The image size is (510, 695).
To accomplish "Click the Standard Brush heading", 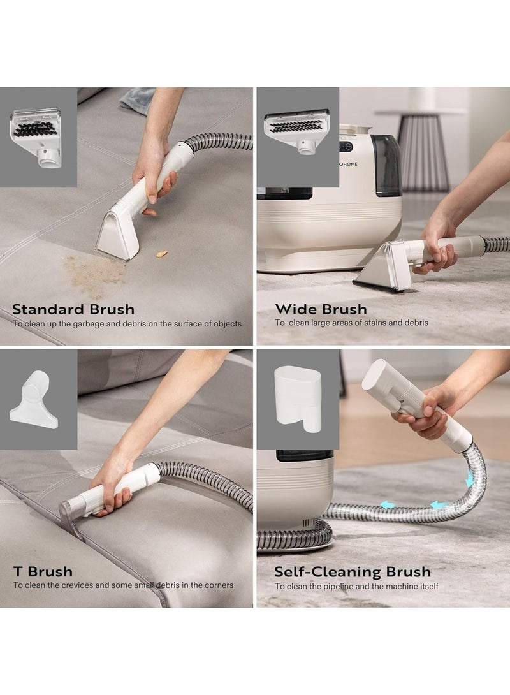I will click(73, 310).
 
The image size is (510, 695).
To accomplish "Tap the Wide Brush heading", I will click(321, 309).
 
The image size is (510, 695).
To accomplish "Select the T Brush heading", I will click(43, 571).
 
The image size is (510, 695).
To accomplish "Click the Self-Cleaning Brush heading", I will click(353, 571).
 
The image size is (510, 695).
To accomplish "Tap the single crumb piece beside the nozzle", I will click(162, 253).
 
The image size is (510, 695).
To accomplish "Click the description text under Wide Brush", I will click(351, 323).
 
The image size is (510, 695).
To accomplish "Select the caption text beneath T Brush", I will click(123, 585).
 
